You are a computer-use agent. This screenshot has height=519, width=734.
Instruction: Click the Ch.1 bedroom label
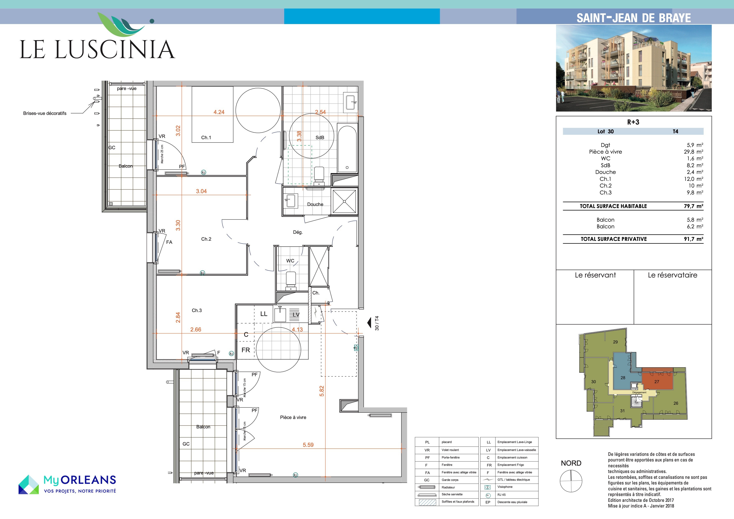click(x=206, y=137)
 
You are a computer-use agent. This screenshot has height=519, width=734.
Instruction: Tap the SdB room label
click(x=320, y=137)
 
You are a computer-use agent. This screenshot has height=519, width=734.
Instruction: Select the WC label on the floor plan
click(x=290, y=261)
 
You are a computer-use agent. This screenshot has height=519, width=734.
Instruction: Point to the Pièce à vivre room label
click(x=293, y=417)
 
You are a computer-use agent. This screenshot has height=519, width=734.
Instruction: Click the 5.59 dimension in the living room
click(x=308, y=445)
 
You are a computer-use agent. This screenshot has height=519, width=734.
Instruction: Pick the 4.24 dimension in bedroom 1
click(x=219, y=112)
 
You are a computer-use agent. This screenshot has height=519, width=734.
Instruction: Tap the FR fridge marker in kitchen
click(x=245, y=350)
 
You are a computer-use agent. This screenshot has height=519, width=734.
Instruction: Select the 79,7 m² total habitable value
click(x=693, y=206)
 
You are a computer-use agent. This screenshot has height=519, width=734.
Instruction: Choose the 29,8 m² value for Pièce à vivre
click(x=693, y=152)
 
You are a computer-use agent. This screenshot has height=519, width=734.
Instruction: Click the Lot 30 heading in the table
click(x=606, y=131)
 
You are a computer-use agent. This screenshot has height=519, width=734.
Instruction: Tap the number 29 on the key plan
click(x=615, y=342)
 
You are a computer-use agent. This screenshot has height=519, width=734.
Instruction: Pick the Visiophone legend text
click(x=505, y=487)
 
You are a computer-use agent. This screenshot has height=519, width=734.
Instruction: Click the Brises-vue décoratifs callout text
click(x=45, y=113)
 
